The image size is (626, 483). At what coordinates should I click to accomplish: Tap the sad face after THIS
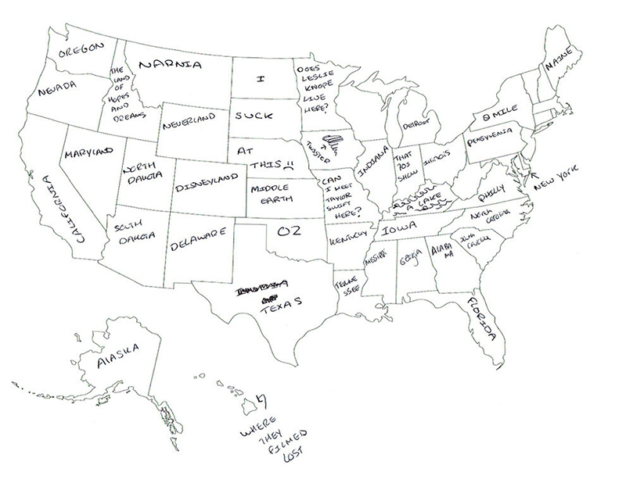pos(289,166)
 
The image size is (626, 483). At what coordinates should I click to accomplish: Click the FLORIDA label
pos(479,320)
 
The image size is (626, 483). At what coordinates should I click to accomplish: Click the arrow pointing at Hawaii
pos(261,400)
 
